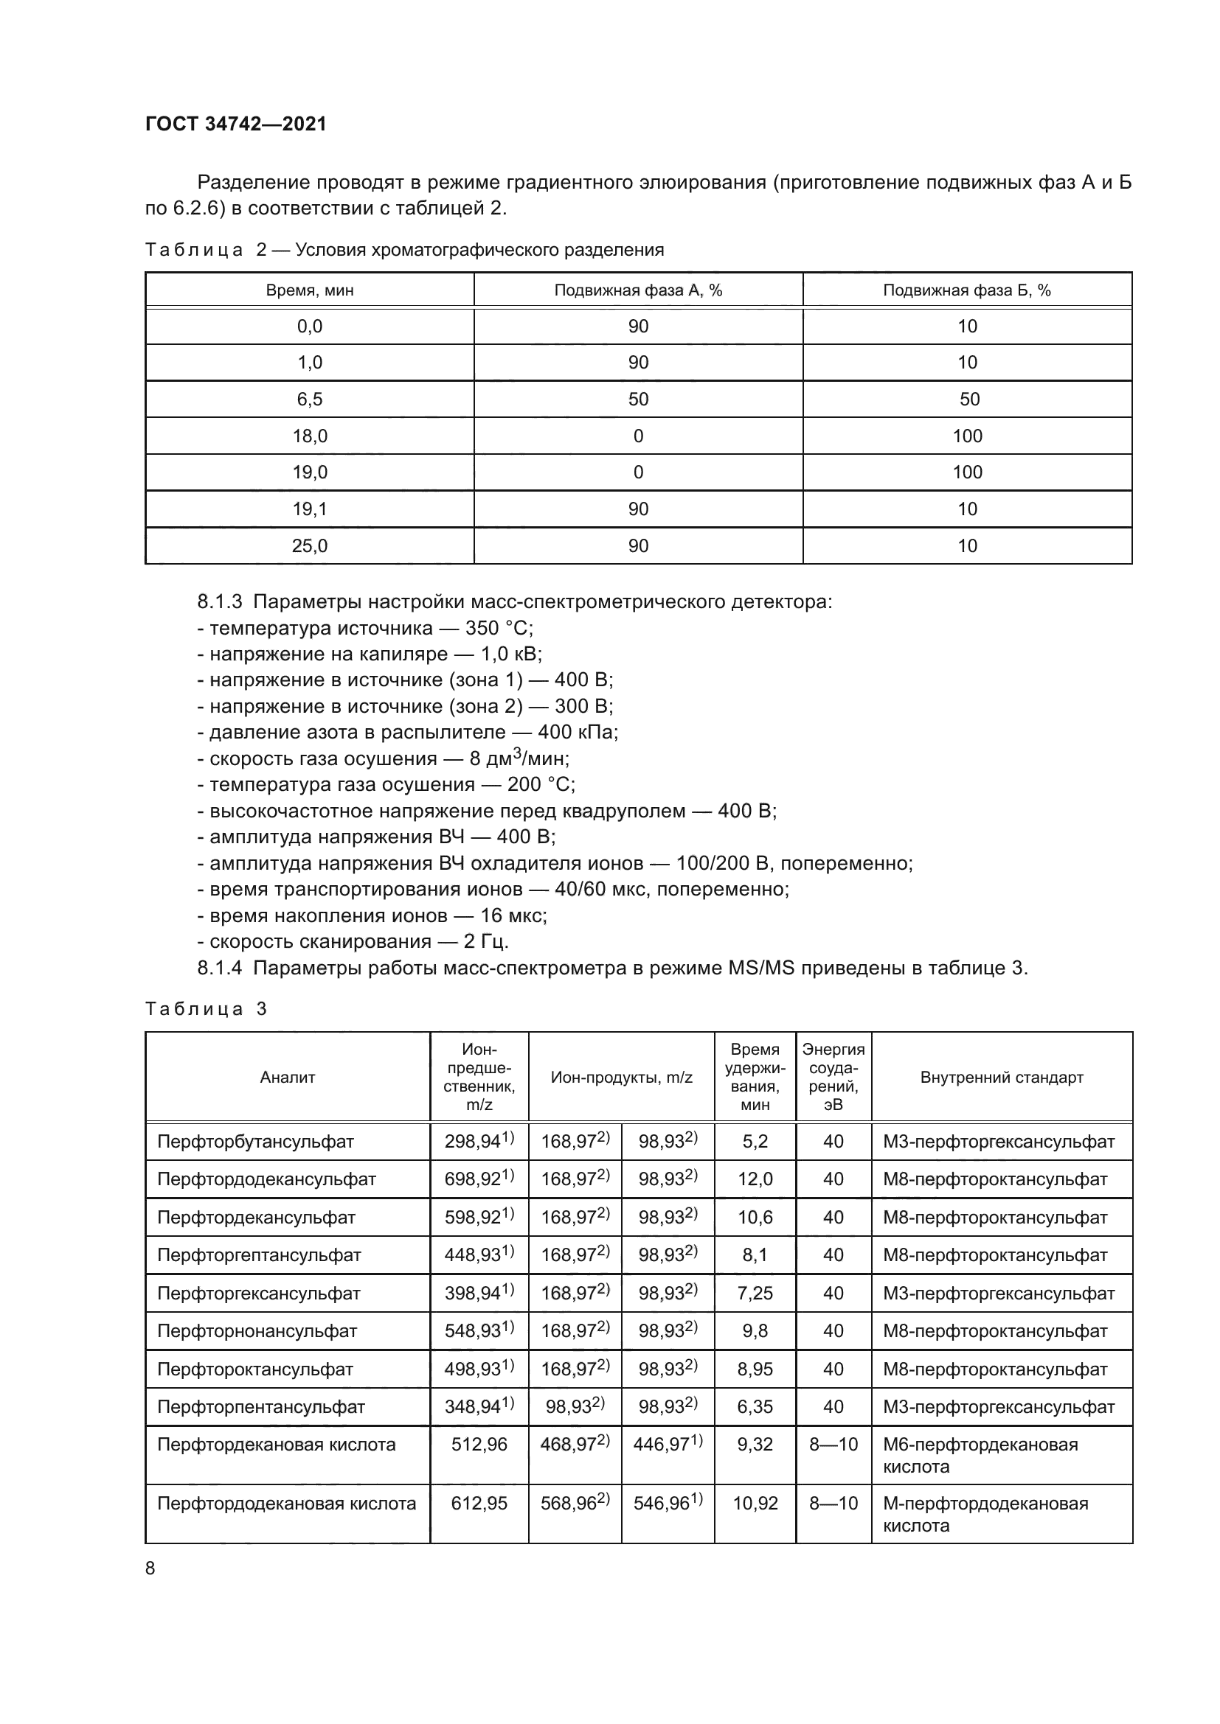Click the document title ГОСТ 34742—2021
pos(236,124)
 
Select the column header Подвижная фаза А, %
pos(638,290)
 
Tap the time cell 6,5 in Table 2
pos(310,399)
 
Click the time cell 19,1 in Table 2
pos(310,509)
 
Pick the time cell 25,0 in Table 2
pos(310,546)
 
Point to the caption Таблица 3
pos(206,1008)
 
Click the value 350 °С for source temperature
pos(499,628)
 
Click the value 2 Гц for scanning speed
pos(486,941)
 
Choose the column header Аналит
pos(287,1078)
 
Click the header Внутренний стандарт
pos(1002,1078)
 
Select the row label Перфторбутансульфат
pos(255,1142)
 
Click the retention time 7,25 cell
pos(755,1293)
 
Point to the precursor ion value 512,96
pos(479,1444)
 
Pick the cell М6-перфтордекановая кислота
pos(980,1454)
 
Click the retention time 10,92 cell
pos(755,1503)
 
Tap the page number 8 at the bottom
pos(150,1568)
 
